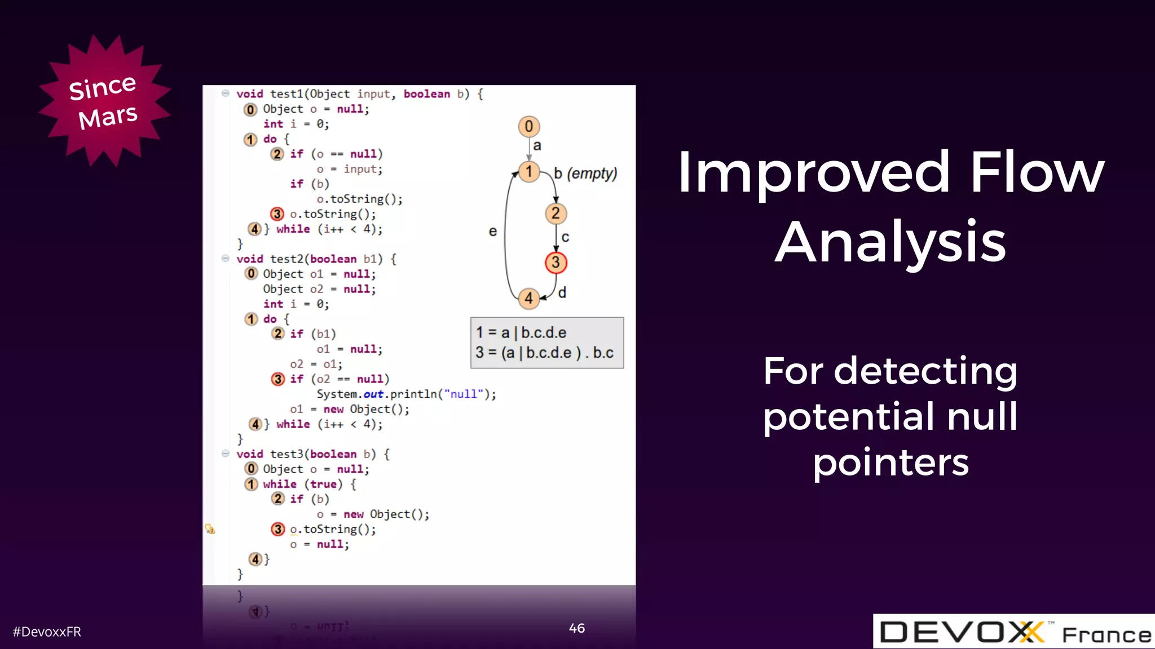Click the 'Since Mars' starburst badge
click(x=104, y=101)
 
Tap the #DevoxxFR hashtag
click(x=47, y=632)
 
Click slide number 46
click(x=576, y=628)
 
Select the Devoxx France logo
click(x=1013, y=632)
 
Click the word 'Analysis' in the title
click(x=890, y=242)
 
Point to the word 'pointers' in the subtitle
click(x=891, y=462)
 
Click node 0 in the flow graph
click(x=528, y=126)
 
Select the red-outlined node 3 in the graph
click(x=556, y=263)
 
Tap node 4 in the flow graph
click(x=528, y=298)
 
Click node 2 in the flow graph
click(x=556, y=214)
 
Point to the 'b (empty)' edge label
click(x=585, y=174)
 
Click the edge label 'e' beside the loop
click(x=492, y=232)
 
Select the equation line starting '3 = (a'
click(x=544, y=353)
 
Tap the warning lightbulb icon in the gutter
click(x=210, y=529)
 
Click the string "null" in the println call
click(x=464, y=394)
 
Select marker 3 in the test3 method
click(x=277, y=529)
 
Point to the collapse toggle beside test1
click(x=225, y=94)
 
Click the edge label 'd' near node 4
click(x=562, y=293)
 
